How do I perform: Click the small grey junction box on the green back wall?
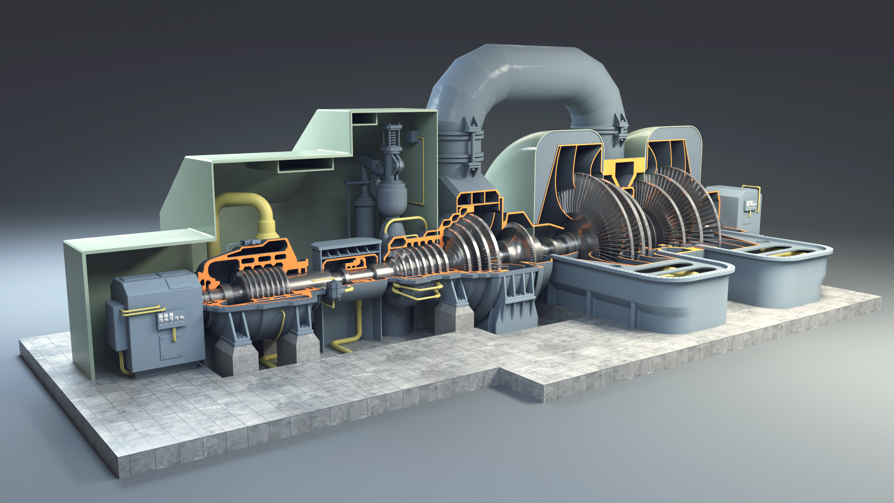click(x=411, y=136)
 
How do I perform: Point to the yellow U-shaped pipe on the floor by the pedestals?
click(x=269, y=359)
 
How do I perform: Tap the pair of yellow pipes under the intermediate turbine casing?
click(x=417, y=291)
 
